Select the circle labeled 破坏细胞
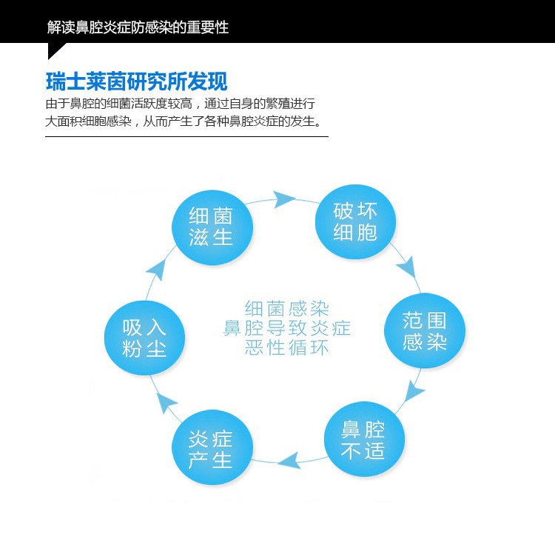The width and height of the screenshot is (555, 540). (356, 221)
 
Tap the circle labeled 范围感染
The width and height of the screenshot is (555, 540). (425, 330)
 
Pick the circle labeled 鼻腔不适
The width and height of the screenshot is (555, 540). (363, 439)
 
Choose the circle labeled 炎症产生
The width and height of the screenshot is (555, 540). (211, 448)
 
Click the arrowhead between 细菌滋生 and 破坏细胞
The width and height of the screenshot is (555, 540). (283, 199)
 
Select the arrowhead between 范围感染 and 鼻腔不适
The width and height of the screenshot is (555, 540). (415, 390)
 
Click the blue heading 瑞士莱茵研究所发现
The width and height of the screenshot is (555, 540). (136, 81)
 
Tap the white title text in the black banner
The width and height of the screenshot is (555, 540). (138, 27)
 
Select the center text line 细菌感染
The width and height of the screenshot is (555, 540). (286, 308)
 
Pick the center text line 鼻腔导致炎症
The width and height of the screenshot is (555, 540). (286, 327)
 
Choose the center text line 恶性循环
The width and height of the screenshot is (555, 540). (286, 347)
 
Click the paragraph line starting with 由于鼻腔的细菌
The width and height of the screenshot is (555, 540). (181, 104)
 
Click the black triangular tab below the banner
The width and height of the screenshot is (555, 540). (54, 50)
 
